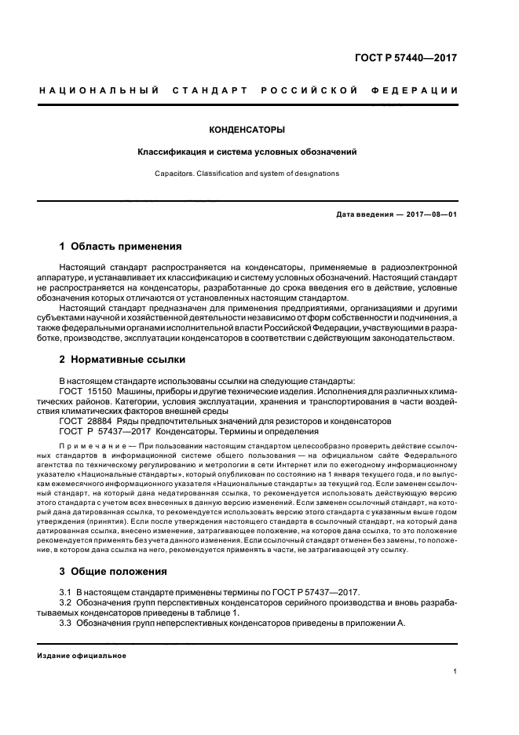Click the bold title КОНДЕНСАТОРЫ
pos(247,129)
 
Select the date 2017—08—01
pos(430,214)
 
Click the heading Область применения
pos(126,246)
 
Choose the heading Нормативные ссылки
pos(127,360)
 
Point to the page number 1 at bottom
pos(455,671)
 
